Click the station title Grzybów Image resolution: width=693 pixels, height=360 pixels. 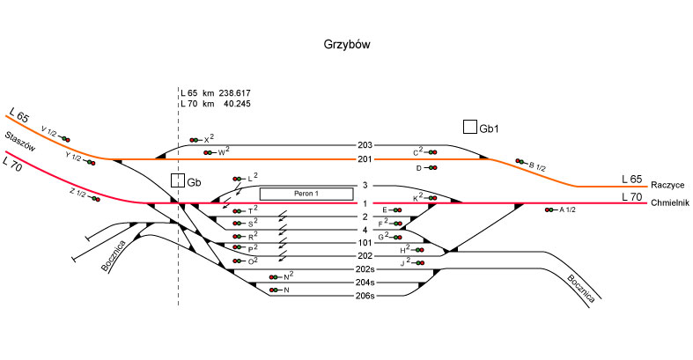[x=346, y=43]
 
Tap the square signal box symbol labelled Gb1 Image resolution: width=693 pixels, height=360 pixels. [x=470, y=127]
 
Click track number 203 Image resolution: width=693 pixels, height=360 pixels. [x=365, y=144]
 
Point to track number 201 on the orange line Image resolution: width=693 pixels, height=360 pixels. [x=365, y=159]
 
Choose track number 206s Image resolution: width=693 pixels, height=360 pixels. [x=365, y=296]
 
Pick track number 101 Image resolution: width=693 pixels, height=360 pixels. [x=365, y=242]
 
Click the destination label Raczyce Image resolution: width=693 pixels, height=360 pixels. [x=667, y=187]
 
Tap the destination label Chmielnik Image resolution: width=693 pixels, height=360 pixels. [x=670, y=203]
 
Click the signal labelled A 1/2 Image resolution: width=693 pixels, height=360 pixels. [x=551, y=210]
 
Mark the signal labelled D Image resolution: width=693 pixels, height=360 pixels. [x=431, y=167]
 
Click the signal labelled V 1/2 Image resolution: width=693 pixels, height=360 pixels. [x=64, y=138]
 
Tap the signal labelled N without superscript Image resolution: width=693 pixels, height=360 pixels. [x=276, y=290]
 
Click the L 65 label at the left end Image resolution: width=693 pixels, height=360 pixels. [x=19, y=115]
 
